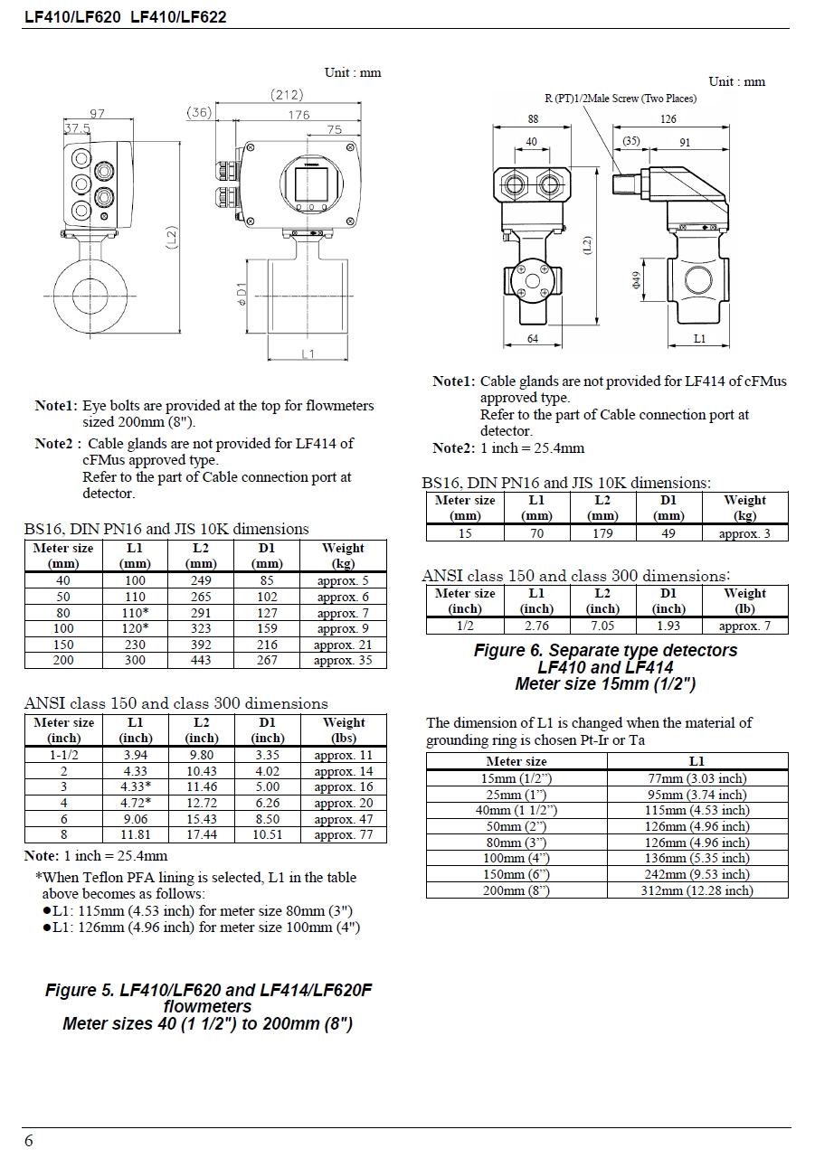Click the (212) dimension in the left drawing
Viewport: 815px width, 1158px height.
click(x=287, y=95)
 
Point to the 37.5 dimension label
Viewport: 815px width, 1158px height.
click(x=77, y=129)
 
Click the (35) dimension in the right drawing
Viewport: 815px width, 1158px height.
click(x=631, y=141)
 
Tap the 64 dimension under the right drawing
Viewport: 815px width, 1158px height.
click(x=533, y=339)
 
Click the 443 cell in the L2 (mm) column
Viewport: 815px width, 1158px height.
click(x=201, y=661)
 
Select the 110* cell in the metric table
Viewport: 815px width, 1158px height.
click(x=135, y=613)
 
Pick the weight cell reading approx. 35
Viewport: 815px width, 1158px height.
click(x=343, y=661)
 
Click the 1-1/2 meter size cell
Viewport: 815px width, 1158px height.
click(x=63, y=755)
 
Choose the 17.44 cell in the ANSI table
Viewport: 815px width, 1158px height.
click(x=201, y=835)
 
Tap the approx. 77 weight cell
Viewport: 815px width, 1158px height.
click(x=344, y=835)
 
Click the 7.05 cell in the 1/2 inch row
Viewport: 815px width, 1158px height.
click(x=602, y=626)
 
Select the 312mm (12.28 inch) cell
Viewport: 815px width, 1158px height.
click(x=697, y=890)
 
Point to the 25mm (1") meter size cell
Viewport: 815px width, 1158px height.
click(x=516, y=795)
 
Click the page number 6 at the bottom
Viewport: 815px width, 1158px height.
click(x=29, y=1141)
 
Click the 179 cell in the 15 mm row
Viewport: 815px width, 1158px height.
click(x=602, y=533)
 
